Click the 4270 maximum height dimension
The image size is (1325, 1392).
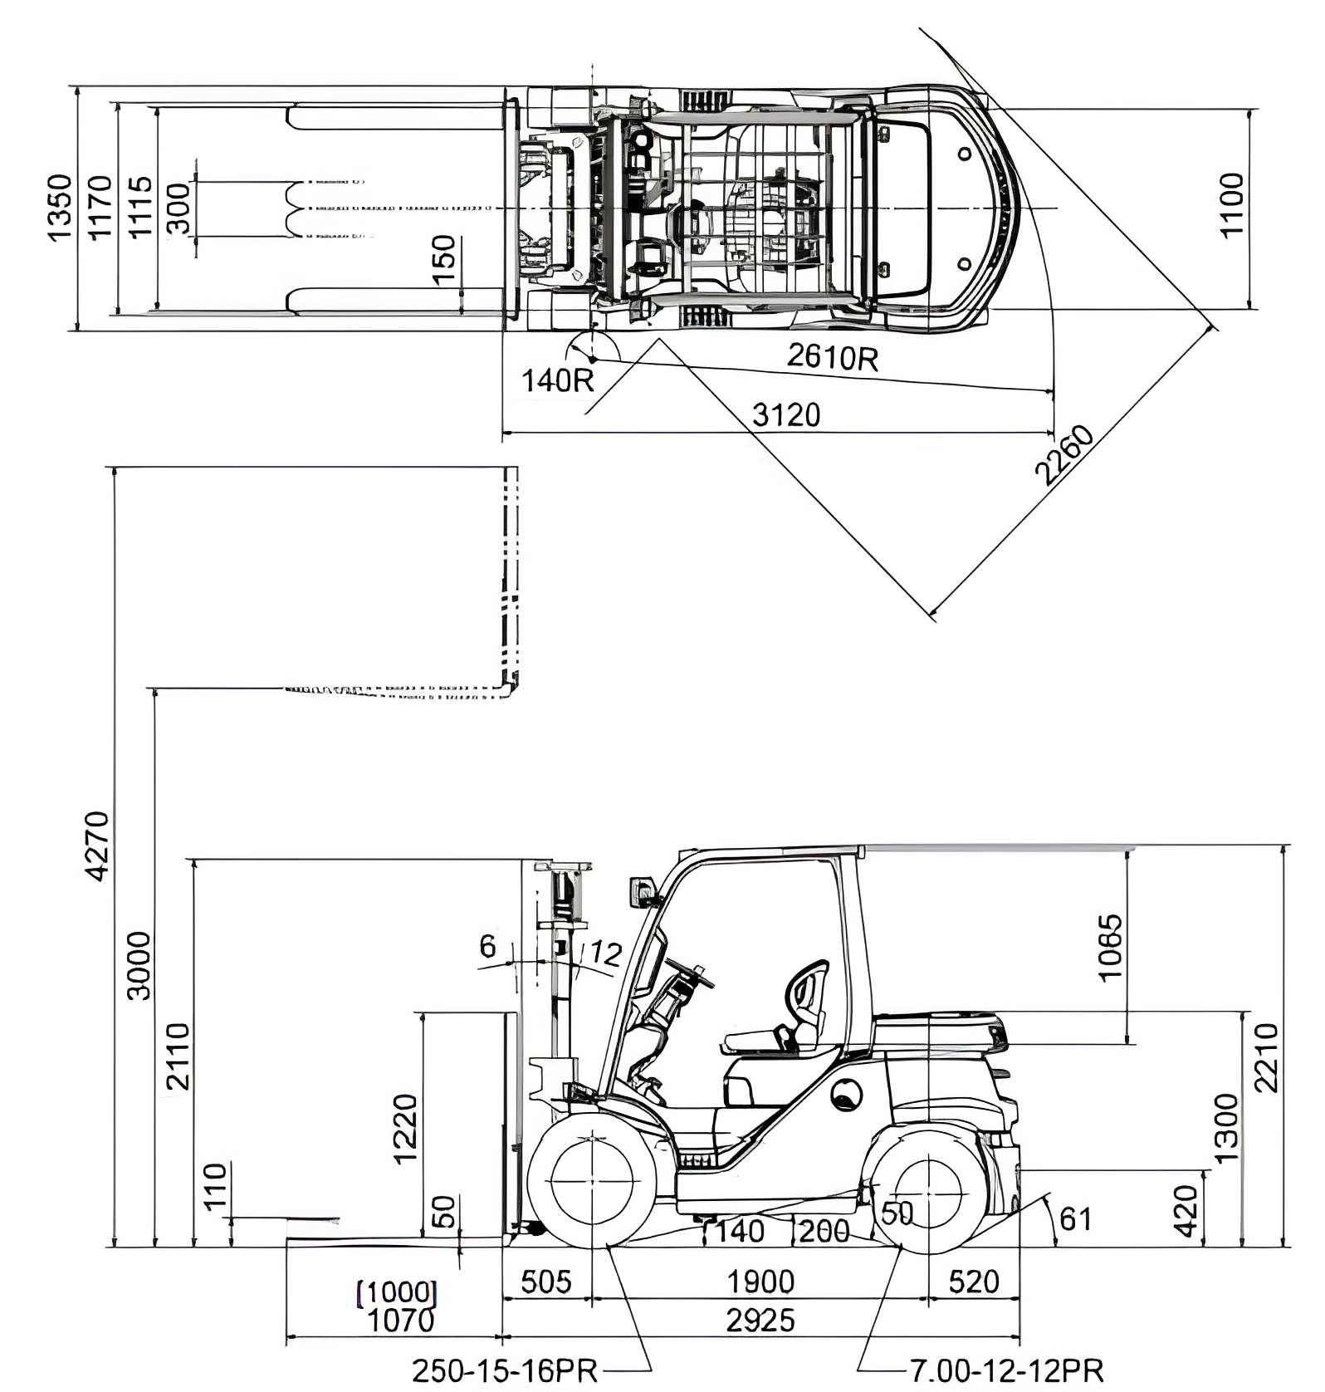(97, 845)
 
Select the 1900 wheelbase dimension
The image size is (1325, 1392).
(760, 1282)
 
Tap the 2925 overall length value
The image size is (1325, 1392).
(760, 1320)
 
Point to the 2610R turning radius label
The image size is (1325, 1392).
(832, 357)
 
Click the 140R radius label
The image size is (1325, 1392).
(557, 380)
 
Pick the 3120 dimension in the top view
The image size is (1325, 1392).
(785, 414)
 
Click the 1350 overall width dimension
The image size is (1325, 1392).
(60, 208)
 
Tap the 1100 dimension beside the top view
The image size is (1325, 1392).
(1232, 205)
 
